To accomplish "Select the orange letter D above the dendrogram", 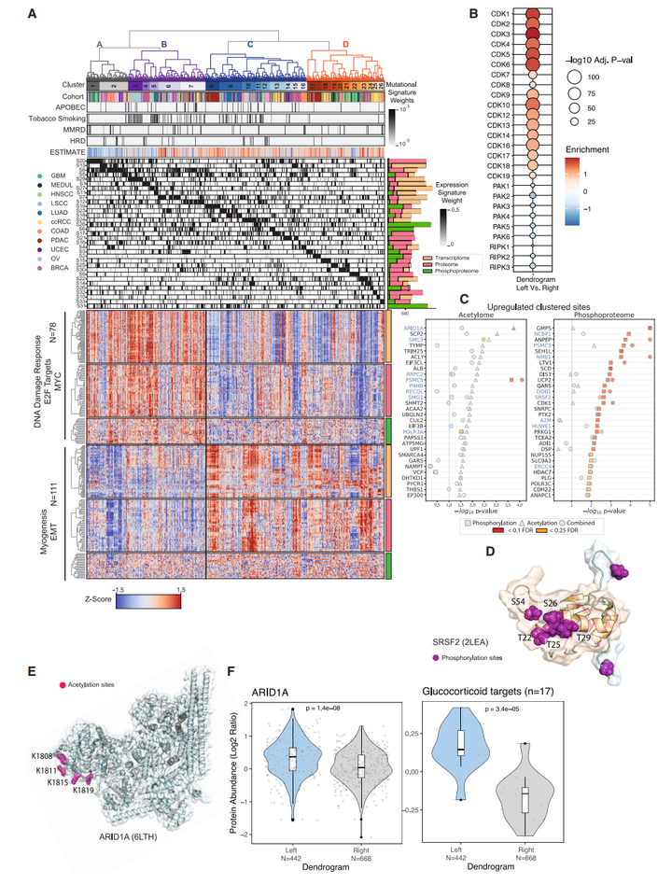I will point(346,43).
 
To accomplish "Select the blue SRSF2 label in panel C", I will point(565,396).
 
